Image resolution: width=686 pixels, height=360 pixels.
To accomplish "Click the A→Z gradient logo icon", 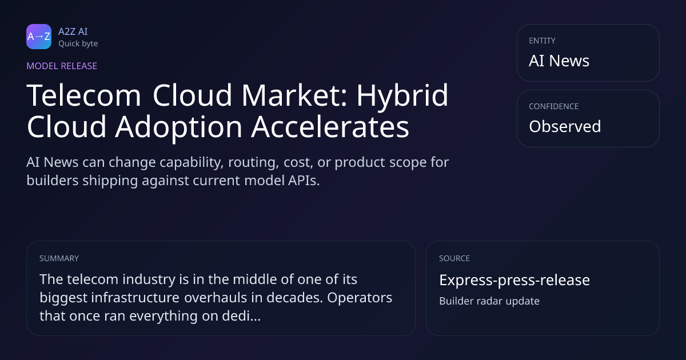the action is (39, 37).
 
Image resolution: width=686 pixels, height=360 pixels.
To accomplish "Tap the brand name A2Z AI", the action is (73, 31).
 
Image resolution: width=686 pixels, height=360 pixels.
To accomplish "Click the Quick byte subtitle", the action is (78, 44).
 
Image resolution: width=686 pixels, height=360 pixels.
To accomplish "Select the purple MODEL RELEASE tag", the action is (62, 66).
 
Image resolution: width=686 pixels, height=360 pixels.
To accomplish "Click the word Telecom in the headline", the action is (83, 95).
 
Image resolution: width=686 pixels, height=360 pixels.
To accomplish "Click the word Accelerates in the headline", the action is (330, 126).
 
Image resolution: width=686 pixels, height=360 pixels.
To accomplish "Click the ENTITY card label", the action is (542, 41).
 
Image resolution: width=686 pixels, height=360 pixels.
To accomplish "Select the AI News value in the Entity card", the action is (559, 61).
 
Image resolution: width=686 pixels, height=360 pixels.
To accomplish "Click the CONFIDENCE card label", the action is (554, 106).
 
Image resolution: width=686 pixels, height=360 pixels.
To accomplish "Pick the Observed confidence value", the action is (565, 126).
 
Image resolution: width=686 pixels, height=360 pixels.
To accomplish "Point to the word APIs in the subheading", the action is (304, 181).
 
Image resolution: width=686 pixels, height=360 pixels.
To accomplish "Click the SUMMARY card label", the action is (59, 258).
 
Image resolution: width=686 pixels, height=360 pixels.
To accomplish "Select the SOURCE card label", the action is (454, 258).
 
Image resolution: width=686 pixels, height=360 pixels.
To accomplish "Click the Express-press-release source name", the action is (514, 280).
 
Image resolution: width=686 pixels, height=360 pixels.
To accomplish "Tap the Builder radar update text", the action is (489, 301).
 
